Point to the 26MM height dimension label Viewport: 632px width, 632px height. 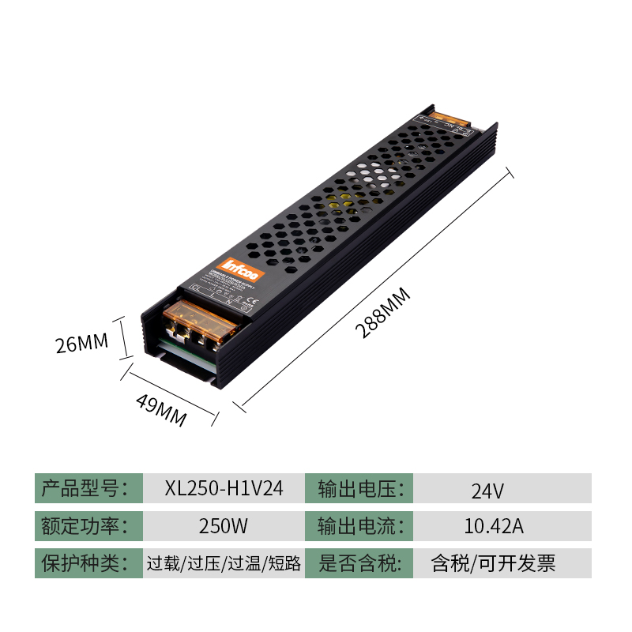point(81,344)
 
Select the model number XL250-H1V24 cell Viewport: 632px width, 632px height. point(224,488)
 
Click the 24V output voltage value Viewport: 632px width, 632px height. point(487,491)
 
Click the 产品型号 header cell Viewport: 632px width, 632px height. point(88,488)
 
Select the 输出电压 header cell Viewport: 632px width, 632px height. point(360,488)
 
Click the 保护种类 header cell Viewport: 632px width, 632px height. point(88,563)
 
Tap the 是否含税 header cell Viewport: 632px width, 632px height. point(360,563)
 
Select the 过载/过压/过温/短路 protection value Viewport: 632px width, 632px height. point(224,563)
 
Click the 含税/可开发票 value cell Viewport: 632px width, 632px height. point(493,563)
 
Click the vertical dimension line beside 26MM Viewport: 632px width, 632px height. point(122,338)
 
